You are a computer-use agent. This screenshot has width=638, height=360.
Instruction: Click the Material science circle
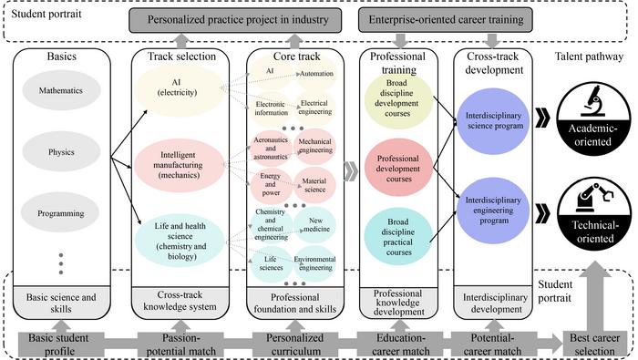(x=314, y=187)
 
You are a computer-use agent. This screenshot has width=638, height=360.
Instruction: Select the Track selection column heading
(x=180, y=57)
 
